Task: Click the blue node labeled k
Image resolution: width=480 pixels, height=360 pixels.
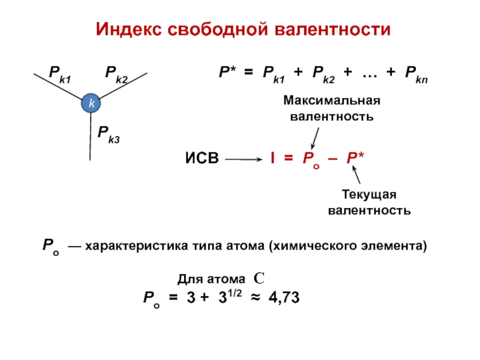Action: tap(91, 104)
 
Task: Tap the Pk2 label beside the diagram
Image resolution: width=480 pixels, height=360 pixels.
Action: tap(117, 74)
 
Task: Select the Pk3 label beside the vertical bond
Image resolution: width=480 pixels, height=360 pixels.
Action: tap(109, 134)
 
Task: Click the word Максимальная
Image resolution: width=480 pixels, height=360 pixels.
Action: tap(332, 100)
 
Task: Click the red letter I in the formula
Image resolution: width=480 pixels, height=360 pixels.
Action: tap(272, 159)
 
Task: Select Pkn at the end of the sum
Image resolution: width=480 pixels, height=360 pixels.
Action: tap(416, 74)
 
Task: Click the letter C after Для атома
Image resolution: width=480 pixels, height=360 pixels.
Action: tap(259, 278)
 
